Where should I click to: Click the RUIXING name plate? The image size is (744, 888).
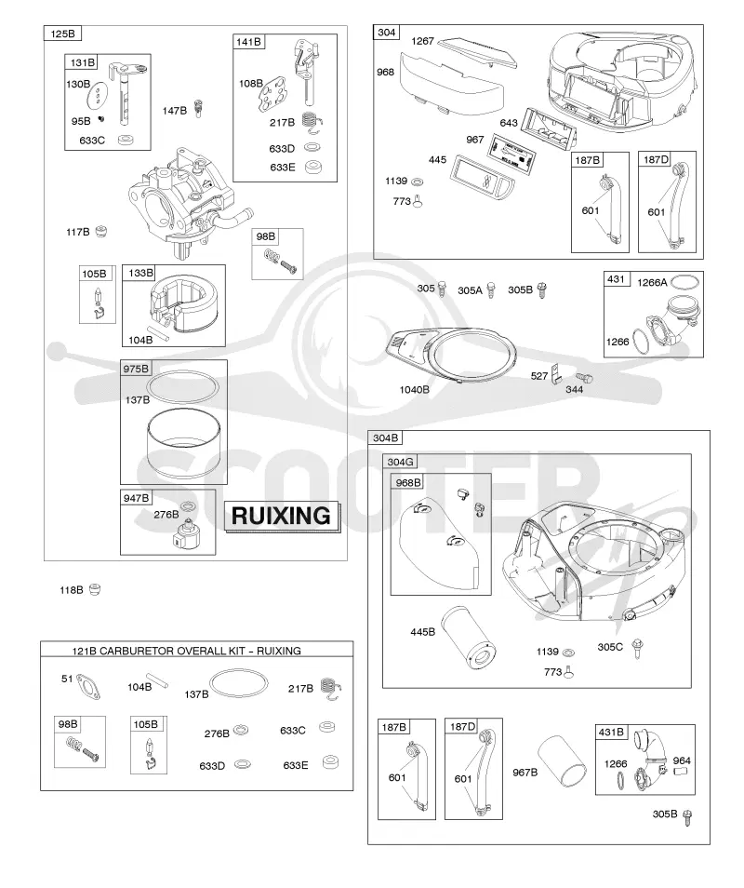click(x=282, y=516)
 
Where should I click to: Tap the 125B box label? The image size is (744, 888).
click(x=62, y=34)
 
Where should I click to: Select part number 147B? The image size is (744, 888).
click(x=174, y=111)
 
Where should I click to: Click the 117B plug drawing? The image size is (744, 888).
click(x=100, y=231)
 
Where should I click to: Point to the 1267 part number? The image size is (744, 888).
click(x=422, y=41)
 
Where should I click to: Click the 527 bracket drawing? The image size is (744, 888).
click(x=556, y=372)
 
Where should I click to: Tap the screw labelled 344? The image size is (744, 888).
click(x=584, y=378)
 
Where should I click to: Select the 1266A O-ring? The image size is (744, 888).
click(x=684, y=281)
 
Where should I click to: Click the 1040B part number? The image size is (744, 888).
click(x=414, y=390)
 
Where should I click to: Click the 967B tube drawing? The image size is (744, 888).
click(x=563, y=761)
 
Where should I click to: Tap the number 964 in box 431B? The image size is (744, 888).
click(x=682, y=760)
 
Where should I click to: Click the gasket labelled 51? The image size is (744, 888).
click(x=90, y=686)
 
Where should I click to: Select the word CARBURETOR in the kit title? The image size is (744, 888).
click(x=137, y=651)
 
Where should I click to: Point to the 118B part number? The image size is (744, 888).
click(x=72, y=590)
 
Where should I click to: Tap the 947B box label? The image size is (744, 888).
click(x=136, y=498)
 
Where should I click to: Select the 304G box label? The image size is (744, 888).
click(x=400, y=462)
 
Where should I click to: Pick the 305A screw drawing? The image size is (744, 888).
click(x=491, y=290)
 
